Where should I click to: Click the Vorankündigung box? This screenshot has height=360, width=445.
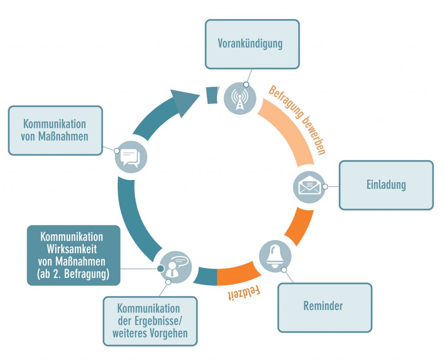tap(252, 44)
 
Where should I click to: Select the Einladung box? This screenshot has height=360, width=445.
tap(386, 185)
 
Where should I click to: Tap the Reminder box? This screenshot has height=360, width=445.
tap(324, 307)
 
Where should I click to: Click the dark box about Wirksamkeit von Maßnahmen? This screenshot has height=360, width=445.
tap(73, 255)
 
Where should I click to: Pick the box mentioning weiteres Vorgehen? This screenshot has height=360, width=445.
tap(149, 321)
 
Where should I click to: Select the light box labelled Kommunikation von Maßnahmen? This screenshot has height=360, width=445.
tap(55, 130)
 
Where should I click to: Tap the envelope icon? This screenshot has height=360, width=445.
tap(309, 187)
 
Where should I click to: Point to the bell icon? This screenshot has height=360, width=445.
tap(275, 256)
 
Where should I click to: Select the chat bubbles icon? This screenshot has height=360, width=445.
tap(131, 158)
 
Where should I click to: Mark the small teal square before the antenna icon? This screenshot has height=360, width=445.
tap(211, 95)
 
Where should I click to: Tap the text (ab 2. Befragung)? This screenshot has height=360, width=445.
tap(73, 274)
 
